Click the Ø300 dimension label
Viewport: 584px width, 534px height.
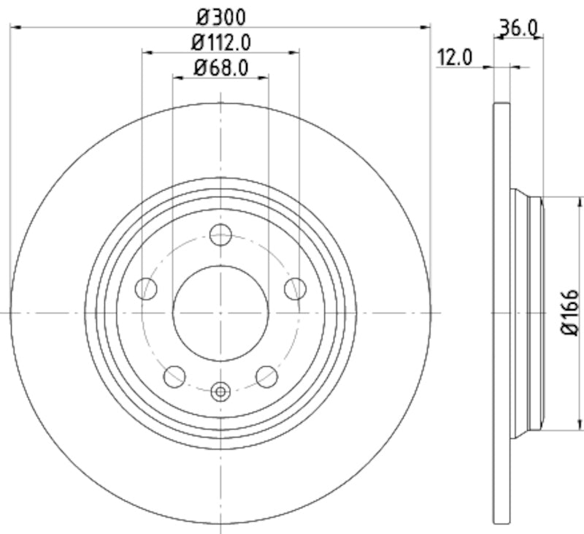point(220,15)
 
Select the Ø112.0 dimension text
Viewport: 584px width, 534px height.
point(220,42)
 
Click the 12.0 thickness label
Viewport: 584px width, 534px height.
point(454,57)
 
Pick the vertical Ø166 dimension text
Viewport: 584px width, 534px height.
point(570,313)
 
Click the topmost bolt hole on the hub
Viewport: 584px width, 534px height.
point(220,234)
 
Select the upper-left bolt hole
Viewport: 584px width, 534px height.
point(146,289)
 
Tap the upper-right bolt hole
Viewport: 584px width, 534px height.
point(295,289)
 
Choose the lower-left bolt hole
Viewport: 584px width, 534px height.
point(174,376)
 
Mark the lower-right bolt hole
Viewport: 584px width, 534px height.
point(266,376)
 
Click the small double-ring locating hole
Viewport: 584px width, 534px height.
point(220,392)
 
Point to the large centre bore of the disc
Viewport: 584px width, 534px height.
point(220,313)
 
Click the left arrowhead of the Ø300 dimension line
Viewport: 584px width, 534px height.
point(15,27)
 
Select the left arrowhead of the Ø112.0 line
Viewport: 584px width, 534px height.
point(146,52)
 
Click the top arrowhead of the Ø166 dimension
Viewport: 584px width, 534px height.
point(580,200)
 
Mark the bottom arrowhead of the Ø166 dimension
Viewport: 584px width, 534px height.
point(580,425)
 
